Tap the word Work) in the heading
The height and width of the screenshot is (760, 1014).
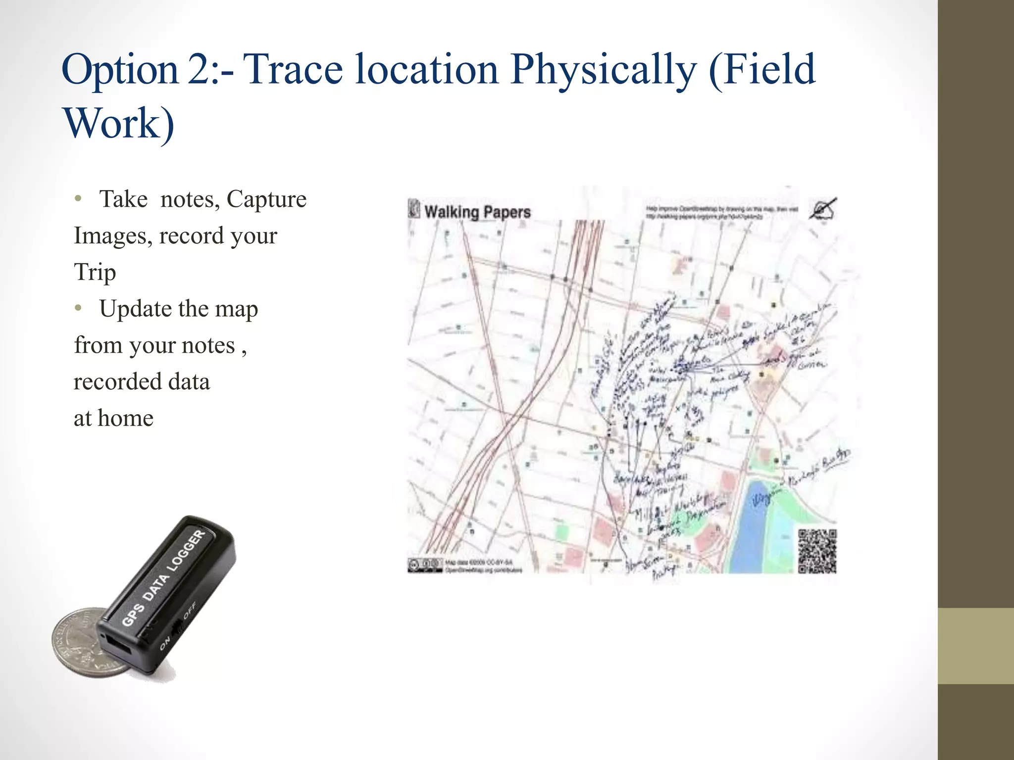(119, 123)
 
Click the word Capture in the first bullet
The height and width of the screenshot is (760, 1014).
(266, 199)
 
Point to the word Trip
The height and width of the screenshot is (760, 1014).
(95, 273)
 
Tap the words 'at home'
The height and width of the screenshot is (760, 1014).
(113, 418)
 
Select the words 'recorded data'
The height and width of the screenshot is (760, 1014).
(142, 381)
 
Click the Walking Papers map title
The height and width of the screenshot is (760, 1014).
(477, 212)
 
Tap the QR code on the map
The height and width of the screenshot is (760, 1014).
(817, 551)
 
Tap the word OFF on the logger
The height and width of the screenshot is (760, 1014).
(190, 610)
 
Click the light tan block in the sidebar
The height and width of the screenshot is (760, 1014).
(976, 646)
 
